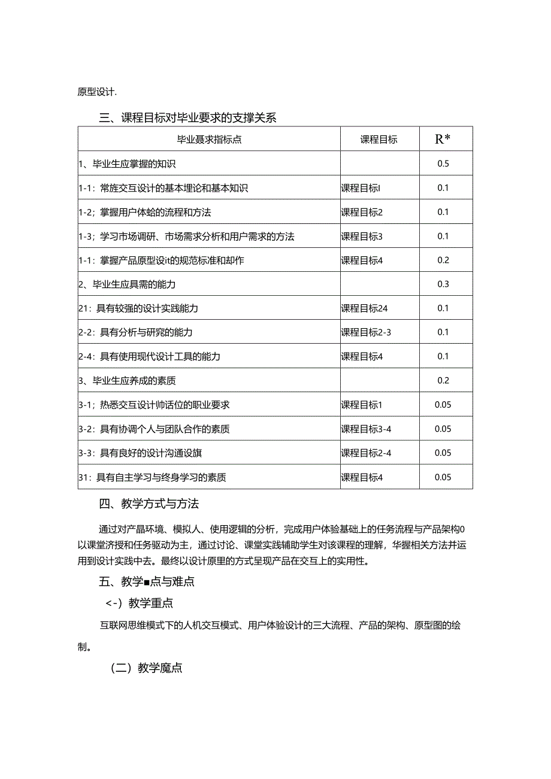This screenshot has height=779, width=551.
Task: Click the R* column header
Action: coord(443,140)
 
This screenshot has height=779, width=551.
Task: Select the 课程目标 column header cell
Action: coord(379,140)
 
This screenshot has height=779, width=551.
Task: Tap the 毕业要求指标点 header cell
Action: coord(209,140)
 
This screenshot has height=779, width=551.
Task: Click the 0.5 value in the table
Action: coord(443,163)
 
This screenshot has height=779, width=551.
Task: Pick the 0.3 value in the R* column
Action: coord(443,284)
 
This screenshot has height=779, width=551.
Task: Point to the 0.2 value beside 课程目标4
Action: coord(443,260)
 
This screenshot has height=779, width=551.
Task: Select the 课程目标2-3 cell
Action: coord(367,332)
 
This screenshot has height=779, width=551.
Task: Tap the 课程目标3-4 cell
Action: coord(367,429)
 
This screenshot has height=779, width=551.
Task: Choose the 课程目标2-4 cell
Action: coord(367,453)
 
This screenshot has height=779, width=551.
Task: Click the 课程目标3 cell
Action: coord(362,236)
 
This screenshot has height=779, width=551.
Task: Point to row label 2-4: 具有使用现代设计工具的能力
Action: coord(149,356)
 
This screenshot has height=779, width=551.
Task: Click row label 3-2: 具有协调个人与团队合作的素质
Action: coord(154,429)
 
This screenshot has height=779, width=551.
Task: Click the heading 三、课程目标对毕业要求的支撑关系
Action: coord(188,118)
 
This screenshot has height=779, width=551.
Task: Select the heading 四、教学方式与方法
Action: coord(149,504)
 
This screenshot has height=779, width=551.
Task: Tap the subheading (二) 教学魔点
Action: coord(147,668)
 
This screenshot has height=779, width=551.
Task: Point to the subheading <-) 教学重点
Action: coord(140,603)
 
